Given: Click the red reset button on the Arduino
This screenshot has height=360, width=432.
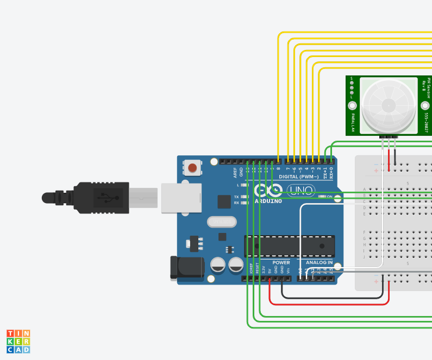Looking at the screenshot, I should click(x=192, y=168).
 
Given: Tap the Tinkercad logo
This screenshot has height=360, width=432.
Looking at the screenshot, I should click(x=18, y=342).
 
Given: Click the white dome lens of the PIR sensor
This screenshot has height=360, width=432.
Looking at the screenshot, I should click(x=389, y=104).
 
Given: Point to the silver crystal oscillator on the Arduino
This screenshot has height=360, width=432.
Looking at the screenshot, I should click(x=222, y=222).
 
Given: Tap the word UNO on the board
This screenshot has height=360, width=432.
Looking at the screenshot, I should click(x=298, y=191).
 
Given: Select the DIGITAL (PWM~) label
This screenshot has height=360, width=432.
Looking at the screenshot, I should click(x=298, y=177).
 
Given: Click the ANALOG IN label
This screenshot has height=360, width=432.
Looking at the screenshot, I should click(x=319, y=262).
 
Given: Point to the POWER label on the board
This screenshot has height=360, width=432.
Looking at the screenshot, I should click(x=281, y=262).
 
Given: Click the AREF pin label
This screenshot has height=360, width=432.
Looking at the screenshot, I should click(x=235, y=173).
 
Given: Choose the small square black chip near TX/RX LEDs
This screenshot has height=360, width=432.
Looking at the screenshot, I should click(x=224, y=201).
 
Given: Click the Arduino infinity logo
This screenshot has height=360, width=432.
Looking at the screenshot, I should click(x=268, y=191).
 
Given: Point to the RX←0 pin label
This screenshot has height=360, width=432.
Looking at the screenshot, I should click(x=331, y=173).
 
